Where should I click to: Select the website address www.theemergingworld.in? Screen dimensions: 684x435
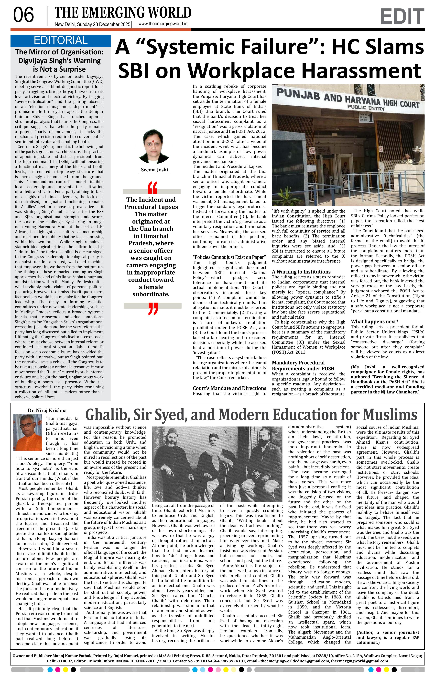163,24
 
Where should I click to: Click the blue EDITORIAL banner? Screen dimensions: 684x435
60,41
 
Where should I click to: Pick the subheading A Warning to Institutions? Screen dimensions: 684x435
301,272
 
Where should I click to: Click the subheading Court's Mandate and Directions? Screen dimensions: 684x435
229,388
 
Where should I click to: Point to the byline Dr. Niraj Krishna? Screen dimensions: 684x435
47,410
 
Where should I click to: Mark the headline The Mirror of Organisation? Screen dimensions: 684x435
59,52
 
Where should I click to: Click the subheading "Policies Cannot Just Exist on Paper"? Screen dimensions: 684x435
229,257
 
